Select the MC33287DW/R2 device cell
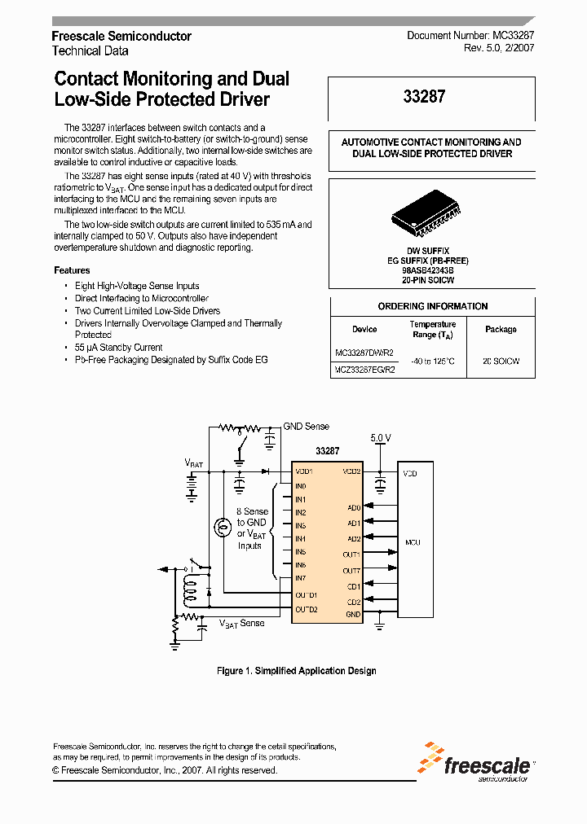364,353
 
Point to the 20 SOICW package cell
501,361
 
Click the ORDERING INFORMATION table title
432,306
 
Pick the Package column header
501,329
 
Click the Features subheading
72,270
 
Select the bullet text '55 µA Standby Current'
118,347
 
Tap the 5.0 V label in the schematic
381,437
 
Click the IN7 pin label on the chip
301,578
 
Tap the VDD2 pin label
351,471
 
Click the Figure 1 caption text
296,671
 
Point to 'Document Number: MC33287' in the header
470,36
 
